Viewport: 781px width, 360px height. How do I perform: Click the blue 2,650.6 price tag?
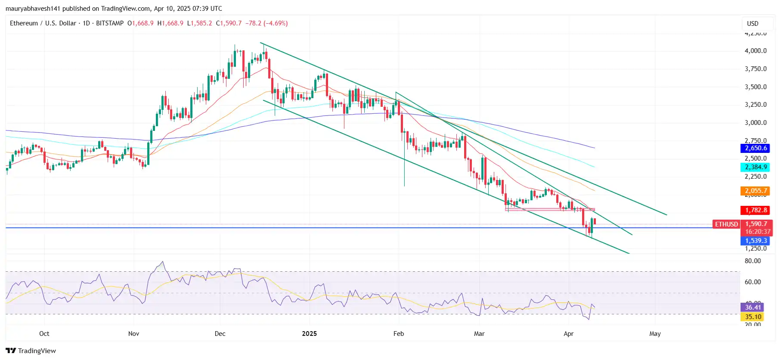756,148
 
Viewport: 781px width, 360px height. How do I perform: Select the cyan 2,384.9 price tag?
756,167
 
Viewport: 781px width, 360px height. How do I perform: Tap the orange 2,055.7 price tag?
756,191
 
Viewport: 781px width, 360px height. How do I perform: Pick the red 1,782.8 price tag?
756,210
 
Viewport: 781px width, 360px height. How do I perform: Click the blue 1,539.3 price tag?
756,241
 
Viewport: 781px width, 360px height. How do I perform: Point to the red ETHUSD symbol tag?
726,224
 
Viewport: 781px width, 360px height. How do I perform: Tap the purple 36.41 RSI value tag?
753,307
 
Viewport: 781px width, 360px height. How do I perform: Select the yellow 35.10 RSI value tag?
753,317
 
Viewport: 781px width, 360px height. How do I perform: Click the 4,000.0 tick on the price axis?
756,51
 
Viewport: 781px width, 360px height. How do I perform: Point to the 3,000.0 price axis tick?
756,123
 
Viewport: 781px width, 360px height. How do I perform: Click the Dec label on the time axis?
220,334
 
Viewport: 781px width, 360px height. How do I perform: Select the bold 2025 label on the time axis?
309,334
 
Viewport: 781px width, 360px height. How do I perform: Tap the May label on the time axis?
655,334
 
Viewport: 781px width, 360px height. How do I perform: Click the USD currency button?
753,24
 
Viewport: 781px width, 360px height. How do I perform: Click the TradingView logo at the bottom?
31,351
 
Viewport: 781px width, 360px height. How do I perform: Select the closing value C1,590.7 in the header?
229,23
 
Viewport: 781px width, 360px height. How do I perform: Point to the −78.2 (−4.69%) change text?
267,23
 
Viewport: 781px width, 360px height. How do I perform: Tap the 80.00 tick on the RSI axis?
753,261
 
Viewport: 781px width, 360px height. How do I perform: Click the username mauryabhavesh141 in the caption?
33,9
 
